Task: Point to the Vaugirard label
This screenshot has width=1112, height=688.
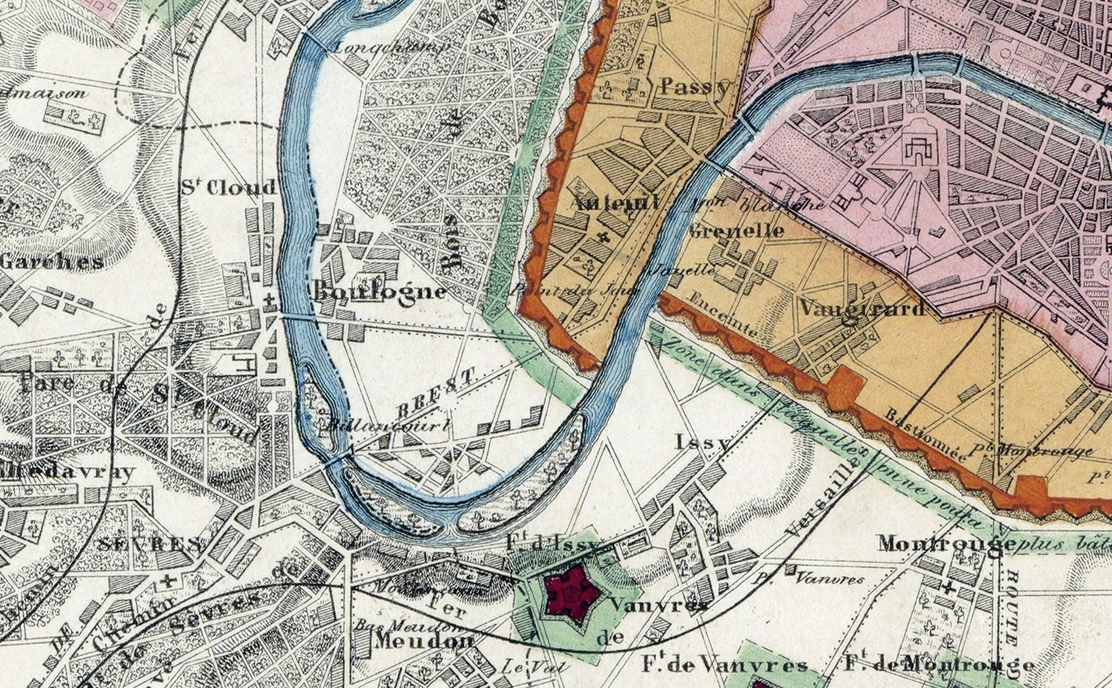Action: coord(862,308)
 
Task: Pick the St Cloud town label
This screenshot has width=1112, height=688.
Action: coord(228,188)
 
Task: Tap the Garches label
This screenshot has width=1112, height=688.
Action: coord(52,262)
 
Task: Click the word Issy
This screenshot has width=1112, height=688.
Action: coord(703,443)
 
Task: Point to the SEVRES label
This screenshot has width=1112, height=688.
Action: coord(150,545)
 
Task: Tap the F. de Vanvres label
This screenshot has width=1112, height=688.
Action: coord(724,666)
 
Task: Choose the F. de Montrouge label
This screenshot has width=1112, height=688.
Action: coord(939,664)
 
